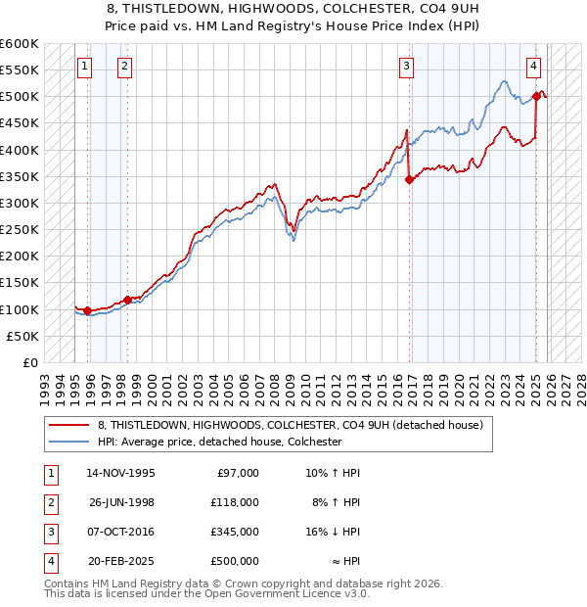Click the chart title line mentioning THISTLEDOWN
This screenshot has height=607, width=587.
[x=293, y=9]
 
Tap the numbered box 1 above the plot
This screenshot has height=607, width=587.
[x=85, y=67]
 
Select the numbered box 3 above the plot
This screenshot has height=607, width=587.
[x=406, y=67]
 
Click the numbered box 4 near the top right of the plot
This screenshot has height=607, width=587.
[x=534, y=67]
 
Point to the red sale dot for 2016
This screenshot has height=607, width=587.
[x=409, y=179]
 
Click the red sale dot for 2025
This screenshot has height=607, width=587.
[x=537, y=96]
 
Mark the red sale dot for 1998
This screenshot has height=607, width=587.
[x=127, y=300]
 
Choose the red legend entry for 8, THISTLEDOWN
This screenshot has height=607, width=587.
[x=290, y=426]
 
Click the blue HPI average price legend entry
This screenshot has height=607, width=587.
[x=218, y=442]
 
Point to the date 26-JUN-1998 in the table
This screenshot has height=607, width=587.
[x=120, y=502]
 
